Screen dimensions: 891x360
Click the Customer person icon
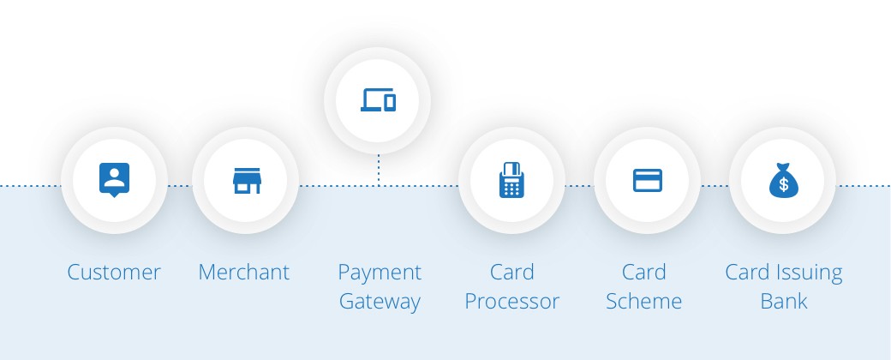pyautogui.click(x=114, y=180)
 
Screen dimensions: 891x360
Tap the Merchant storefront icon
pyautogui.click(x=247, y=180)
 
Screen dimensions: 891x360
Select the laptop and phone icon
pyautogui.click(x=378, y=100)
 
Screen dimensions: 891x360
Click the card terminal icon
pyautogui.click(x=511, y=180)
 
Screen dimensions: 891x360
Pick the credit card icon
pyautogui.click(x=648, y=180)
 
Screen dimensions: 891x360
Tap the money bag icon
pyautogui.click(x=784, y=180)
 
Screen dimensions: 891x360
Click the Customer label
pyautogui.click(x=114, y=272)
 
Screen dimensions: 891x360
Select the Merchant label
pyautogui.click(x=244, y=272)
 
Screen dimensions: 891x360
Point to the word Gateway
pyautogui.click(x=380, y=303)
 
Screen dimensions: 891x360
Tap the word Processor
pyautogui.click(x=512, y=302)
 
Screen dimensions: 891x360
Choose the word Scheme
pyautogui.click(x=643, y=301)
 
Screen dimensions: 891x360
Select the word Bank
pyautogui.click(x=784, y=301)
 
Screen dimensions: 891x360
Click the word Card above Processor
pyautogui.click(x=512, y=272)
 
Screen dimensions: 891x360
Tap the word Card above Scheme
pyautogui.click(x=643, y=272)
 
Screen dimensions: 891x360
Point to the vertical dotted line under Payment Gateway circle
pyautogui.click(x=379, y=170)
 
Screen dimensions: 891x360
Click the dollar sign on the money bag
pyautogui.click(x=784, y=184)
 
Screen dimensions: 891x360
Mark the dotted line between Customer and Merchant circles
pyautogui.click(x=180, y=185)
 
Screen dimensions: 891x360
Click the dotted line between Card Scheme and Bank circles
pyautogui.click(x=715, y=185)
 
